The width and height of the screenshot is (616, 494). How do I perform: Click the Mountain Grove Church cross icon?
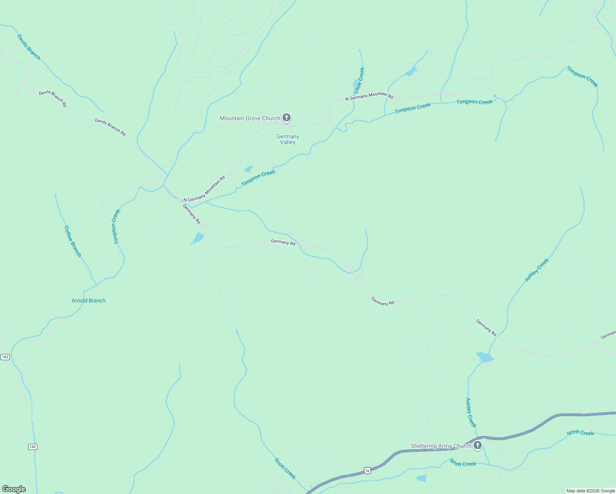(287, 118)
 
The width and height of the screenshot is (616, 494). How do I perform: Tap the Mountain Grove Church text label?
(250, 119)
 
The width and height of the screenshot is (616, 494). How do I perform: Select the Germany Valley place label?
(288, 139)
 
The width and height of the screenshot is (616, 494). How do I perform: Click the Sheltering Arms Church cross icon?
(477, 445)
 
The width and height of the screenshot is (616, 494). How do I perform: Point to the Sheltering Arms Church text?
(441, 446)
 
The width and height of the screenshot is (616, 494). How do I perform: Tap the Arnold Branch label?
(89, 301)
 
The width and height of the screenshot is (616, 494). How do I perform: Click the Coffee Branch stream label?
(73, 241)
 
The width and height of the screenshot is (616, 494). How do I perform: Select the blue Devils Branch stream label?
(29, 47)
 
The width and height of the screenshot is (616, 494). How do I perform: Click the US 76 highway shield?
(367, 470)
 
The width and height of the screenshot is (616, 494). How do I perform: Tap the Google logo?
(14, 489)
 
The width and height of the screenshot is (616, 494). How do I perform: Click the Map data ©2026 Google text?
(590, 491)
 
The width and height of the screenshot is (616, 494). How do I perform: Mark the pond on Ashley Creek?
(485, 357)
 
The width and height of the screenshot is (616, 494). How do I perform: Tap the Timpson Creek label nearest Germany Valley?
(258, 178)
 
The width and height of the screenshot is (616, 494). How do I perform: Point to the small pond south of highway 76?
(421, 478)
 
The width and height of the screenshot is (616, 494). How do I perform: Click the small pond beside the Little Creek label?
(355, 85)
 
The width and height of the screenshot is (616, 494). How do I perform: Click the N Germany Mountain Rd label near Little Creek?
(369, 96)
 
